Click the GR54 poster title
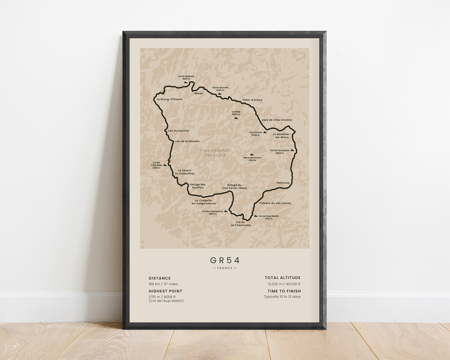pos(225,260)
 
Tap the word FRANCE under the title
pos(225,268)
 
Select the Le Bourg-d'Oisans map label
pos(169,99)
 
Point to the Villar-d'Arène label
pos(252,100)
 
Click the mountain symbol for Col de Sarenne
pos(186,83)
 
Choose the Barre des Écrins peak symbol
pos(252,154)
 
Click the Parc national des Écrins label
pos(214,153)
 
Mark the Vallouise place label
pos(283,183)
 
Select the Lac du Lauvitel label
pos(178,131)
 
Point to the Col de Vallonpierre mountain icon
pos(226,211)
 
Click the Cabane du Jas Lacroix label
pos(275,203)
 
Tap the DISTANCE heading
pos(160,278)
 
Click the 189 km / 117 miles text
pos(163,284)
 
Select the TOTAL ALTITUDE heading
pos(282,277)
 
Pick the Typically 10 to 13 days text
pos(282,296)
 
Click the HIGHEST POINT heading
pos(165,291)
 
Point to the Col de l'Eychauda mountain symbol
pos(292,150)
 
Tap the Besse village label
pos(198,93)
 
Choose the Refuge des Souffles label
pos(198,186)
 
